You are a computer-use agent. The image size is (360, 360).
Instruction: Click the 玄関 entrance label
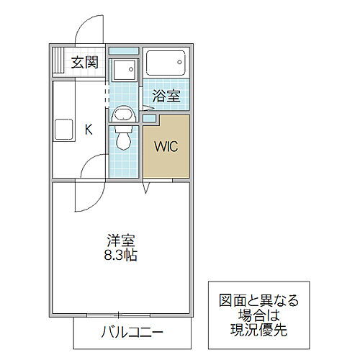click(x=84, y=62)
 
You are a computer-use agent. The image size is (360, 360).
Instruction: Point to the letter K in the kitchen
click(x=89, y=130)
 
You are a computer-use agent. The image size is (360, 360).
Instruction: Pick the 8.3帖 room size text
click(x=121, y=256)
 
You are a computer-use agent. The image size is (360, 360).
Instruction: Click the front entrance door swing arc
click(x=83, y=29)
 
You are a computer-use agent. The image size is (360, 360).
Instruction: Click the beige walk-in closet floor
click(x=166, y=162)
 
